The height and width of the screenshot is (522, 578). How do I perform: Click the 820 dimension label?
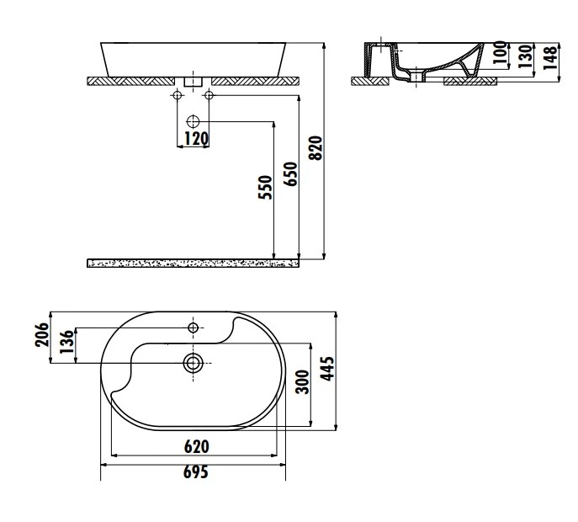316,148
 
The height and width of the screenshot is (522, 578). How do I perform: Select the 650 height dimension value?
290,173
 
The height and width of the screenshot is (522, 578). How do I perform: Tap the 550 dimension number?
265,188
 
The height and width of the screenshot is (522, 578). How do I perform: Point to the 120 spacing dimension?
197,139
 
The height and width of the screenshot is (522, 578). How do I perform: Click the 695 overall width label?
196,471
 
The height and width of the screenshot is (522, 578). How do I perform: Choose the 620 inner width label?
197,447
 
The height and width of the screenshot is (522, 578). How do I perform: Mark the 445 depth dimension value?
328,368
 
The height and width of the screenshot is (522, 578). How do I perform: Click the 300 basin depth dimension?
303,381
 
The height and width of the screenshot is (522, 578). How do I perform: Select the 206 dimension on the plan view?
42,334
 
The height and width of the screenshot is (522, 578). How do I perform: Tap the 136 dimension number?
67,342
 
